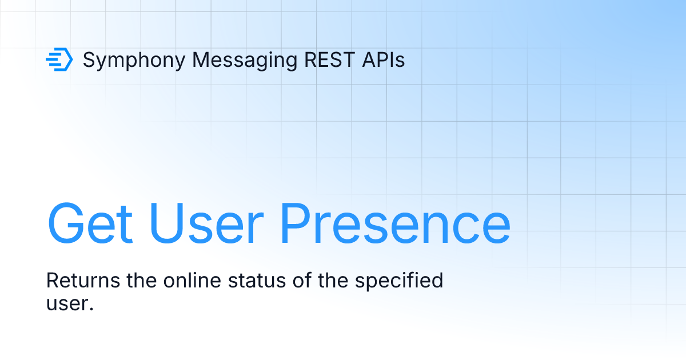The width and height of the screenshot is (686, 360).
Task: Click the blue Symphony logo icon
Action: tap(59, 59)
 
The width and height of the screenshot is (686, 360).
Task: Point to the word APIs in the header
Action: tap(384, 59)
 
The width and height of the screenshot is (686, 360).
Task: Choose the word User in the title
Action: tap(203, 223)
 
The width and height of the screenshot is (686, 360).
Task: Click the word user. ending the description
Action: tap(69, 303)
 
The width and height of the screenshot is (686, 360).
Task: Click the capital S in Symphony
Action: tap(89, 59)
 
